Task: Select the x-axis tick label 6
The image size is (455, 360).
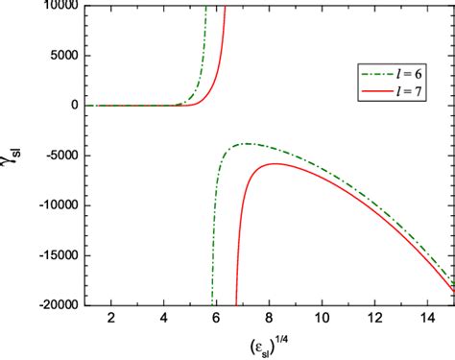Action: point(216,318)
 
